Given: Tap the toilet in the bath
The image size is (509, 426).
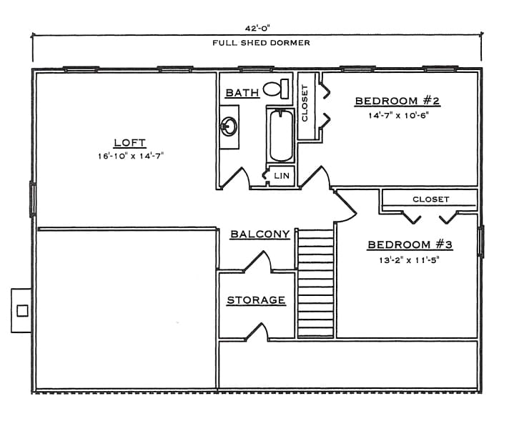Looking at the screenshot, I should [275, 89].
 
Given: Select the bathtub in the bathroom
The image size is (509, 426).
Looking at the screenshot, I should [280, 135].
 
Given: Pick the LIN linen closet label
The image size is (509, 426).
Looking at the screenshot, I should [281, 175].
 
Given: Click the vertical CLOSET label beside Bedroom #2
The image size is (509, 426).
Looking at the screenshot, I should [305, 104].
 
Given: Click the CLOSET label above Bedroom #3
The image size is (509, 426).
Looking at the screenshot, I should [430, 199].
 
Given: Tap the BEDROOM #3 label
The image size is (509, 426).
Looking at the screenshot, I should [410, 245].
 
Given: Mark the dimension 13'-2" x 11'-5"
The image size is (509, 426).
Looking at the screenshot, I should [410, 260].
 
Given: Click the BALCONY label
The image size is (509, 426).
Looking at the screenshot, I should [260, 234].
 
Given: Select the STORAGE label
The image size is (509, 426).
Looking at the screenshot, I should [256, 300].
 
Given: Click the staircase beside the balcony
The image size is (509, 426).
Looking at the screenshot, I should [315, 282].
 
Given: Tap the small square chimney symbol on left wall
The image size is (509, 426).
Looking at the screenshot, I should [22, 310].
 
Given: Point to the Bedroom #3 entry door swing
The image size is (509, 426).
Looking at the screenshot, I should [346, 206].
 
